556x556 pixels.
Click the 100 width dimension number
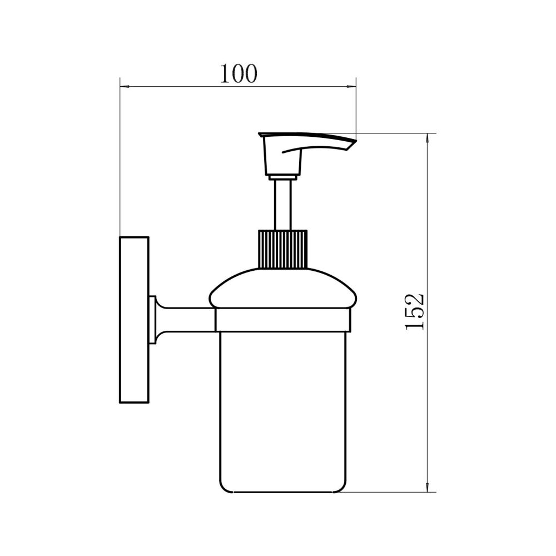pyautogui.click(x=239, y=74)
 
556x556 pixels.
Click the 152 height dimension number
pyautogui.click(x=415, y=311)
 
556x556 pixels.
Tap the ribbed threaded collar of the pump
pyautogui.click(x=282, y=249)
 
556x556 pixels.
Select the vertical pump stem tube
pyautogui.click(x=283, y=205)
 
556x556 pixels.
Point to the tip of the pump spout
pyautogui.click(x=356, y=141)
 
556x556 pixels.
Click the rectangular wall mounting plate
pyautogui.click(x=134, y=320)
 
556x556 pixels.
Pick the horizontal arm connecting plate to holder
pyautogui.click(x=188, y=320)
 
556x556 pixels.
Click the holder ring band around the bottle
pyautogui.click(x=283, y=320)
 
